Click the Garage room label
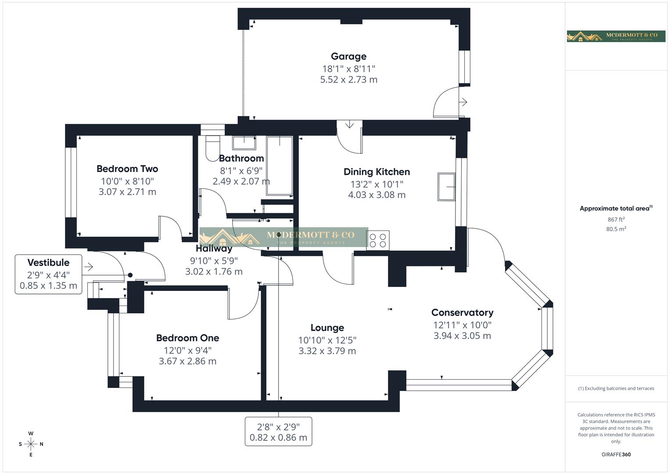pyautogui.click(x=348, y=56)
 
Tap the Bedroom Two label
pyautogui.click(x=127, y=169)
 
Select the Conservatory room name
pyautogui.click(x=462, y=312)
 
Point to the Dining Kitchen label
pyautogui.click(x=376, y=172)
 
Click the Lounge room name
pyautogui.click(x=327, y=328)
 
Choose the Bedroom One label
pyautogui.click(x=187, y=338)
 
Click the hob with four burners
pyautogui.click(x=378, y=241)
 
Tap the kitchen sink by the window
pyautogui.click(x=446, y=187)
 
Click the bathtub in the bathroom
pyautogui.click(x=279, y=165)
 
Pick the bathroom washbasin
pyautogui.click(x=244, y=143)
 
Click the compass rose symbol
pyautogui.click(x=31, y=444)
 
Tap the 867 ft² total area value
pyautogui.click(x=616, y=219)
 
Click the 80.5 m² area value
pyautogui.click(x=616, y=229)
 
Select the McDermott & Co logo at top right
pyautogui.click(x=616, y=36)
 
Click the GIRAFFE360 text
pyautogui.click(x=616, y=454)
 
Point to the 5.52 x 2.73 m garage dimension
pyautogui.click(x=348, y=79)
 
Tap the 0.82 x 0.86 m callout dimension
pyautogui.click(x=278, y=438)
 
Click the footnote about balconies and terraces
pyautogui.click(x=616, y=388)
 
